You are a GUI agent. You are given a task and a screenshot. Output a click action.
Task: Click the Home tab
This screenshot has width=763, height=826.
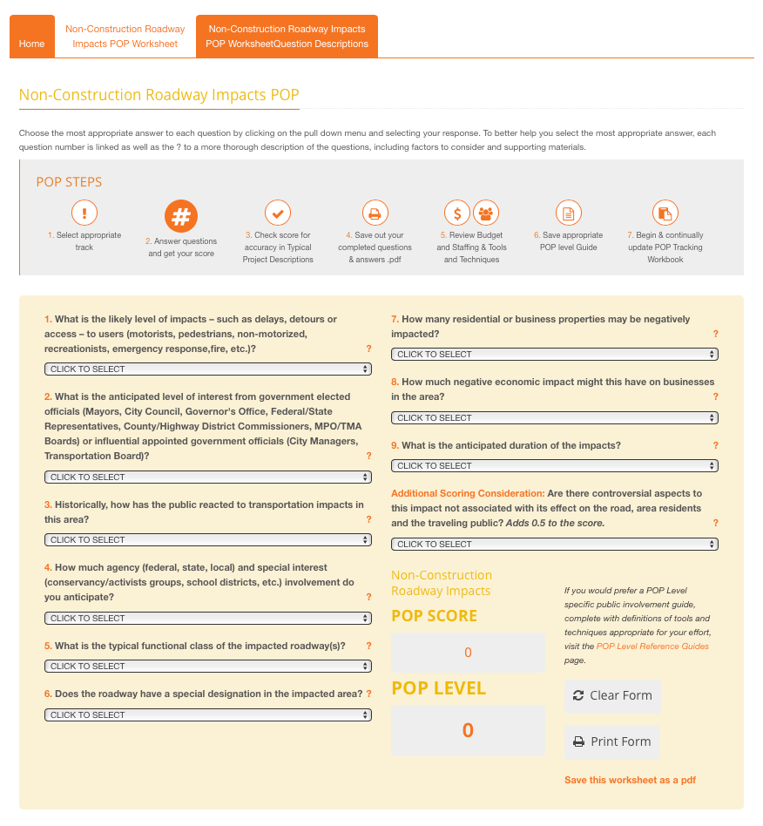point(31,44)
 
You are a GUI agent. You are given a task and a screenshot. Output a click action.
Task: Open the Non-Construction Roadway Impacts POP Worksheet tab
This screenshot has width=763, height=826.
point(125,37)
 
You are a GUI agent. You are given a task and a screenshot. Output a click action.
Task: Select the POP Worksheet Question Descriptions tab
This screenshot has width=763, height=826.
point(287,37)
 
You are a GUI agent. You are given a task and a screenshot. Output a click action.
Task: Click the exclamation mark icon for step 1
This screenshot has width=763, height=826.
point(84,213)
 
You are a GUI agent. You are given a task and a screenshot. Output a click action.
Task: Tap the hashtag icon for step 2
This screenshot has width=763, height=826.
point(181,216)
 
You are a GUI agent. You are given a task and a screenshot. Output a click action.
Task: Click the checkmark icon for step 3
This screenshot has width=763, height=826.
point(278,213)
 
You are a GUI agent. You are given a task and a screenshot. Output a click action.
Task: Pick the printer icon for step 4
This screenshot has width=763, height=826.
point(375,213)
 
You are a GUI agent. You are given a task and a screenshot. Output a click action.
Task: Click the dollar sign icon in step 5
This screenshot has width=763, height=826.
point(457,213)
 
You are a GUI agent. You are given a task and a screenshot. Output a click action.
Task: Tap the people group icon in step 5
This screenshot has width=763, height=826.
point(486,213)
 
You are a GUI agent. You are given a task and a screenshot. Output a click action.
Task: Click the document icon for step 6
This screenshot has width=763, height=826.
point(568,213)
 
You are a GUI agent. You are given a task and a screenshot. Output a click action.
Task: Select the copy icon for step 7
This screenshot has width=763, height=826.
point(665,213)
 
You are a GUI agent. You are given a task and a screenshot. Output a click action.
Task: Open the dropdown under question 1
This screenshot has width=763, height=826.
point(208,369)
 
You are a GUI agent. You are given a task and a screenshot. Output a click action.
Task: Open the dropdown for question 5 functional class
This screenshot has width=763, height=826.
point(208,667)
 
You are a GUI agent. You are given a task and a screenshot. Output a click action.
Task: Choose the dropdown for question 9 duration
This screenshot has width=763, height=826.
point(555,466)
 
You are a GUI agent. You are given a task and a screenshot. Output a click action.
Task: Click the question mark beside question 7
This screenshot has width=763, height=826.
point(716,334)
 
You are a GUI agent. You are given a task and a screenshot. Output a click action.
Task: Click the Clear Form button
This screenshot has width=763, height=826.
point(612,695)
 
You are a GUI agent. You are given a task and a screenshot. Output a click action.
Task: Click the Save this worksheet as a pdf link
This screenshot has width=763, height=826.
point(630,780)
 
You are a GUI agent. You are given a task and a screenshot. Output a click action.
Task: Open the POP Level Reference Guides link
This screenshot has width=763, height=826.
point(652,647)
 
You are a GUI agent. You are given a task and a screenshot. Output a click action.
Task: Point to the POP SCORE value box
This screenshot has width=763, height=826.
point(468,653)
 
